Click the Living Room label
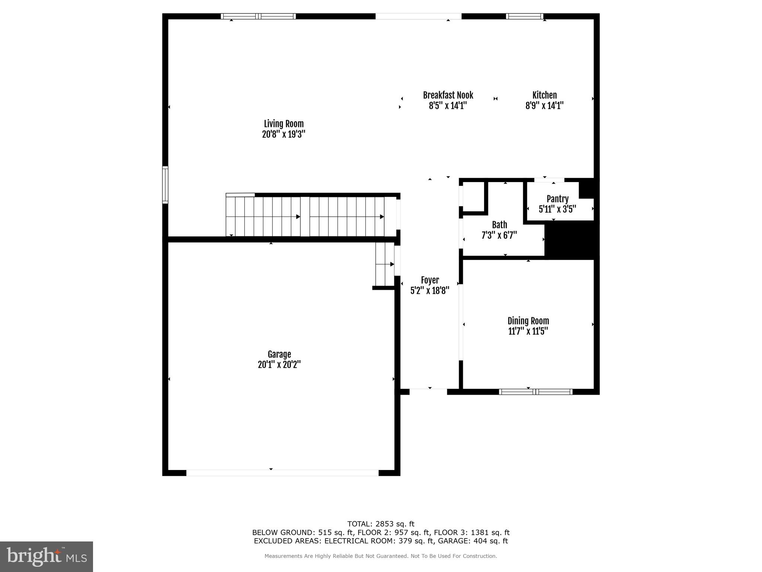tap(284, 124)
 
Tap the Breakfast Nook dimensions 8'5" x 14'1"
tap(448, 106)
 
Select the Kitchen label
tap(544, 95)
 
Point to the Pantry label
tap(557, 199)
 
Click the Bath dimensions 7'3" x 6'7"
tap(499, 235)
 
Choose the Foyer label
tap(430, 280)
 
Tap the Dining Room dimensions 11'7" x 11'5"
tap(528, 331)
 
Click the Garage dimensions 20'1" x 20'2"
tap(279, 365)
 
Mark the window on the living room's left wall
tap(165, 185)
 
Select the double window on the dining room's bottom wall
tap(535, 392)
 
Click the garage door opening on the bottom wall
tap(282, 473)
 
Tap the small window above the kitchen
tap(525, 16)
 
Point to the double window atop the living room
tap(258, 16)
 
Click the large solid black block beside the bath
tap(571, 240)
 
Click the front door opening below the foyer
tap(428, 391)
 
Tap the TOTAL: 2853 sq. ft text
tap(381, 524)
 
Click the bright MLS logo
tap(47, 556)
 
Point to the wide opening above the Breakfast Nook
tap(418, 16)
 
